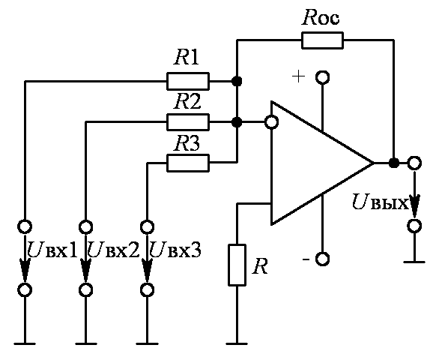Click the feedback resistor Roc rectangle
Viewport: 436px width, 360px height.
pyautogui.click(x=322, y=40)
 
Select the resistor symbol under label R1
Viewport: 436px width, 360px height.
pyautogui.click(x=188, y=81)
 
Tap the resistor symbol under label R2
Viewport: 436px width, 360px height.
pyautogui.click(x=188, y=122)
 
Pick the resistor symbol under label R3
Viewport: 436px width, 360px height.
pyautogui.click(x=188, y=163)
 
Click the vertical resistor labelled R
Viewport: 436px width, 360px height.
pyautogui.click(x=237, y=265)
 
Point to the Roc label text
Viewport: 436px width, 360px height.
pyautogui.click(x=321, y=17)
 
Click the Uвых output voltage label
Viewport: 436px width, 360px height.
pyautogui.click(x=380, y=202)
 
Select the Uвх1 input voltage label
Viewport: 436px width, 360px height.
pyautogui.click(x=52, y=250)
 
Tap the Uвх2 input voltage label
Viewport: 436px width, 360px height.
pyautogui.click(x=113, y=250)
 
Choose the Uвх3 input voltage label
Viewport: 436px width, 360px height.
pyautogui.click(x=175, y=250)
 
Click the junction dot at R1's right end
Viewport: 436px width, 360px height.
pyautogui.click(x=237, y=81)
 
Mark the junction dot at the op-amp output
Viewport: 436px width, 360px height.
pyautogui.click(x=393, y=163)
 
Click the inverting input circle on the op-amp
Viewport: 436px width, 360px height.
pyautogui.click(x=271, y=122)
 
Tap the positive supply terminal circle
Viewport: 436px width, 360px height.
pyautogui.click(x=323, y=77)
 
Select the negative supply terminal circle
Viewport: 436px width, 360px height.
pyautogui.click(x=323, y=259)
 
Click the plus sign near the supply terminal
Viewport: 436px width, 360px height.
pyautogui.click(x=298, y=76)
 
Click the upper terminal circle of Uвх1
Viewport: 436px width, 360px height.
pyautogui.click(x=25, y=226)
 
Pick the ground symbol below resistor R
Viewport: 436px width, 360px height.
pyautogui.click(x=237, y=343)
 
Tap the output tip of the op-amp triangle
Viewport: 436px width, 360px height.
pyautogui.click(x=373, y=163)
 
